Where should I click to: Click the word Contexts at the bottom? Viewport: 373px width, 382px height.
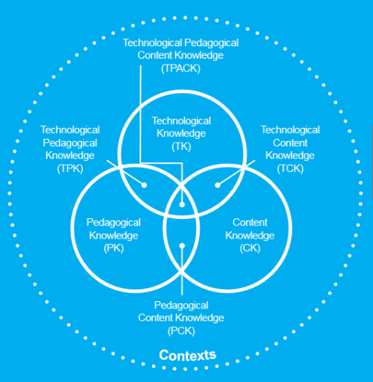[x=187, y=356]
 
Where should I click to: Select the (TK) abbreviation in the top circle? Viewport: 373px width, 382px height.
[x=181, y=145]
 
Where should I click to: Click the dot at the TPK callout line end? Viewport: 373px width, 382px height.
[x=145, y=185]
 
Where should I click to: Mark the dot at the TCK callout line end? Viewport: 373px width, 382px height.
[x=217, y=185]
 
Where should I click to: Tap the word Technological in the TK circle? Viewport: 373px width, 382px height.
[x=181, y=121]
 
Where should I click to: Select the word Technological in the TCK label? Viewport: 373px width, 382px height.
[x=290, y=130]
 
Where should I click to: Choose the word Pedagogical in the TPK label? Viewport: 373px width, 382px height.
[x=70, y=143]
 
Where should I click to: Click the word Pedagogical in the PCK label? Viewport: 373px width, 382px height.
[x=181, y=305]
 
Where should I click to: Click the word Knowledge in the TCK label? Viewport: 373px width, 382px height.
[x=290, y=155]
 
